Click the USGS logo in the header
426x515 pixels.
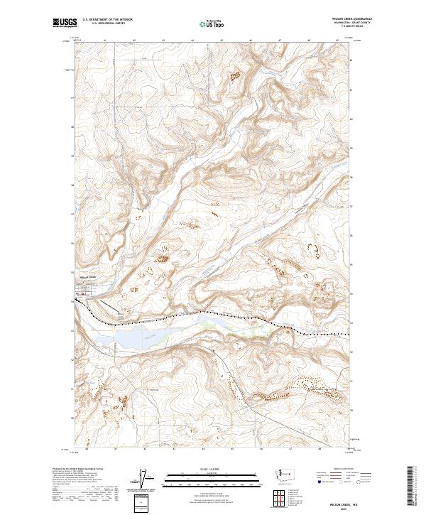pyautogui.click(x=65, y=23)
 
